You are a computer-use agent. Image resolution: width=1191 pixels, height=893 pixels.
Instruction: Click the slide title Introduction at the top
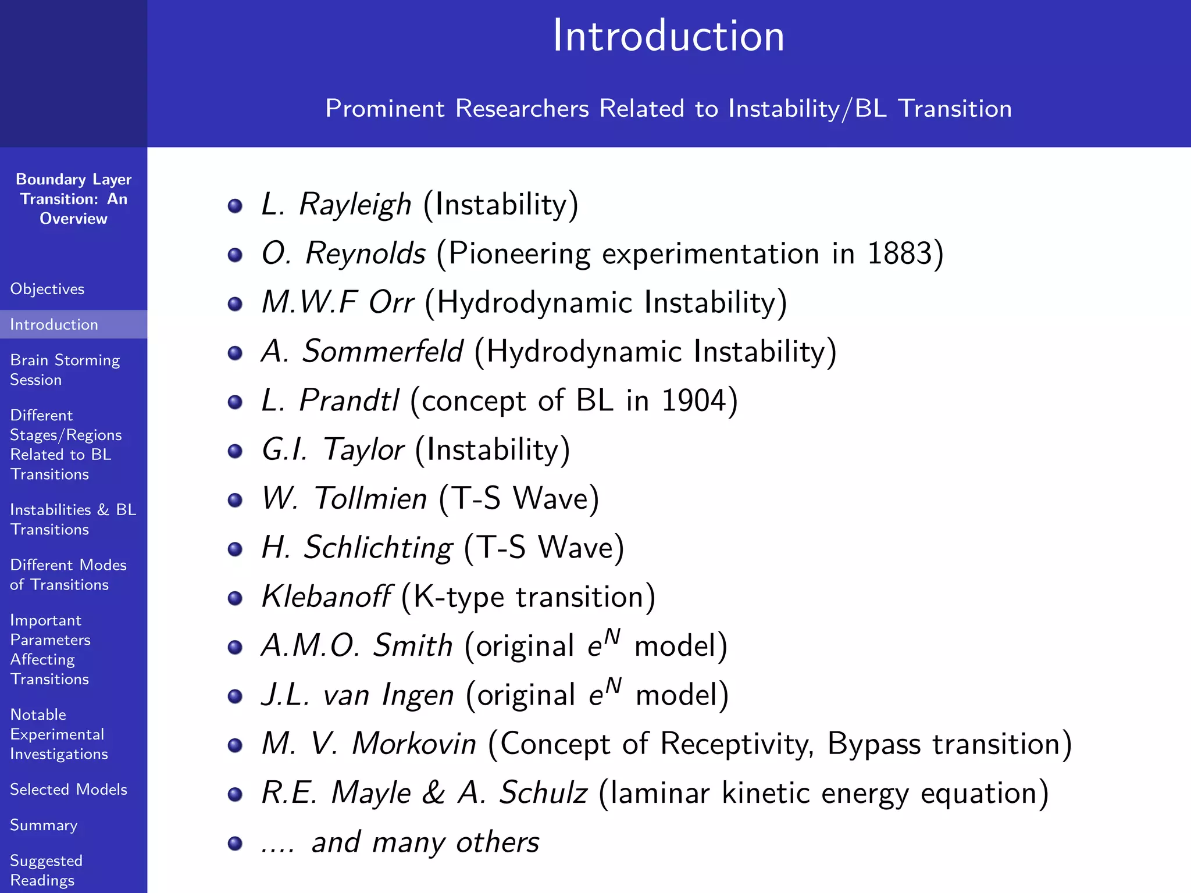coord(668,36)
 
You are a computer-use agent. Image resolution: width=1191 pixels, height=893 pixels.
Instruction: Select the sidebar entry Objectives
coord(47,289)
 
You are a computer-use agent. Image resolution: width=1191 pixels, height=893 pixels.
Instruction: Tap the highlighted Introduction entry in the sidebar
coord(54,324)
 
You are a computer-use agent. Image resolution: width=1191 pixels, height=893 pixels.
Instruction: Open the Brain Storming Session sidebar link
coord(64,370)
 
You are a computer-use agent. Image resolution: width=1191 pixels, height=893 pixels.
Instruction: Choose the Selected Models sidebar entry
coord(69,790)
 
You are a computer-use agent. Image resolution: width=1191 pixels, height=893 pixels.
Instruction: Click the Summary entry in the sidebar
coord(44,825)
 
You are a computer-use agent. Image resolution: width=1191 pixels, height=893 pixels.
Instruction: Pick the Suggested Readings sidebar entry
coord(46,870)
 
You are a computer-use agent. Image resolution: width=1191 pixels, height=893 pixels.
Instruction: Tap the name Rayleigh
coord(355,205)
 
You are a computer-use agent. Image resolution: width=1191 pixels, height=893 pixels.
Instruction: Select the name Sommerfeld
coord(383,352)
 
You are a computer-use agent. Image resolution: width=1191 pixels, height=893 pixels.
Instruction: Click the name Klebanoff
coord(326,597)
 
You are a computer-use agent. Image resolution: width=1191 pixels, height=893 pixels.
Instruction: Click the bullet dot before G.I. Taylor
coord(235,451)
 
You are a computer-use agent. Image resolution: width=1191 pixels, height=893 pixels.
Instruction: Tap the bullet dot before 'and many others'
coord(235,843)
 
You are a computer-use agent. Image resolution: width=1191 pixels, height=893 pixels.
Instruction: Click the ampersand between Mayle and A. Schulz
coord(434,793)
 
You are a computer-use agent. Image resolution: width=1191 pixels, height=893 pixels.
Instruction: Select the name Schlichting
coord(378,548)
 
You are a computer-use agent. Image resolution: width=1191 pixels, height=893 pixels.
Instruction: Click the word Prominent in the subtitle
coord(384,109)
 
